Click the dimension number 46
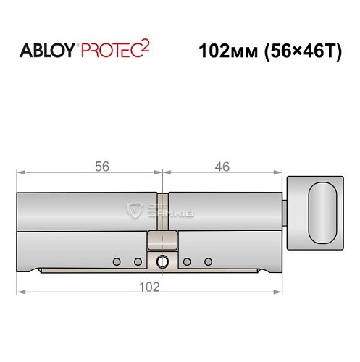click(x=222, y=167)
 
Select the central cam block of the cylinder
click(x=163, y=240)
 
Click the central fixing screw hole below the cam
click(x=163, y=261)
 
